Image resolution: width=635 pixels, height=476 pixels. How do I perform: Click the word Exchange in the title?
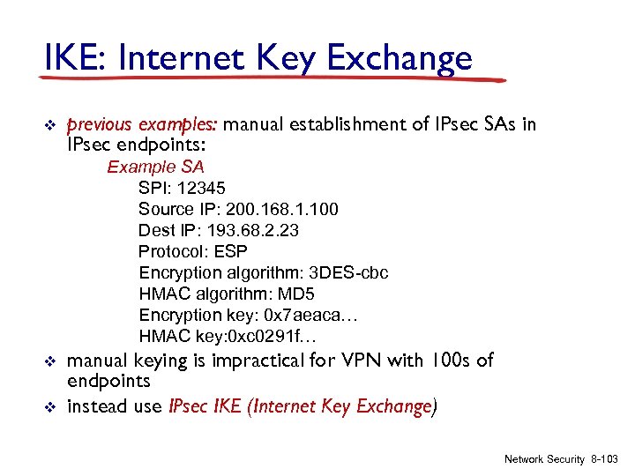point(400,59)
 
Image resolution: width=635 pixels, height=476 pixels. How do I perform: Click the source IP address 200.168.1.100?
point(281,209)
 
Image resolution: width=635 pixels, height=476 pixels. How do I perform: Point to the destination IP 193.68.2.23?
point(250,230)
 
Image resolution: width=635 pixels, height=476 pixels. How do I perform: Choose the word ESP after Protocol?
point(230,251)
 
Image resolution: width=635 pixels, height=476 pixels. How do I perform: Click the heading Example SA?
point(155,167)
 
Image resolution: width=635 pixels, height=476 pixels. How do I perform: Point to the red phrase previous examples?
point(142,124)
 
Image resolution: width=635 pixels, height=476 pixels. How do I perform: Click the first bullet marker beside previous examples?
point(50,124)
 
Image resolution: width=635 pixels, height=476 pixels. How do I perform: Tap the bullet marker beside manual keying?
point(50,361)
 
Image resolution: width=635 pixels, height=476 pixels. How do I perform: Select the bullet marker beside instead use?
point(50,406)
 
